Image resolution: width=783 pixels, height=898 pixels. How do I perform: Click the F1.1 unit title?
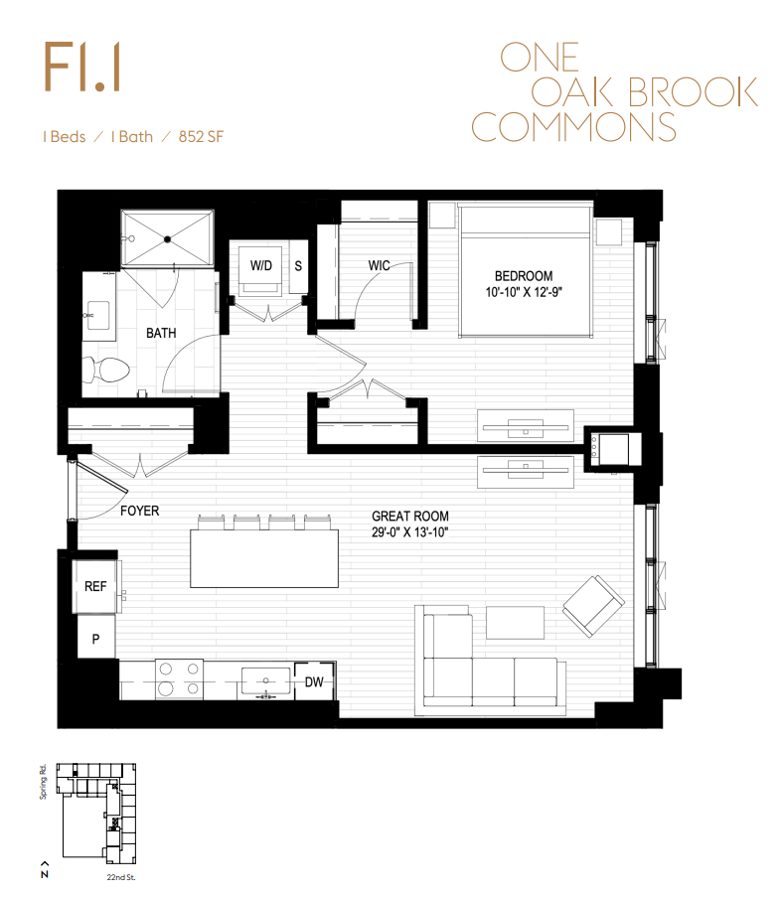click(82, 67)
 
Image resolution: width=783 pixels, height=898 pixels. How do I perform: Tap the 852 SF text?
click(201, 137)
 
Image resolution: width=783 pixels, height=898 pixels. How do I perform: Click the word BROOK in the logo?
click(693, 91)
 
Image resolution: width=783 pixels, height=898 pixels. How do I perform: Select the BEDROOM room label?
click(524, 276)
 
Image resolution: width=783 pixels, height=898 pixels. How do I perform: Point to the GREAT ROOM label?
click(410, 516)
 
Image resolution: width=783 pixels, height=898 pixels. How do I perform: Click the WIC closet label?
click(380, 266)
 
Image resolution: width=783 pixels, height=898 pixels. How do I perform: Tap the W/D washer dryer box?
click(260, 269)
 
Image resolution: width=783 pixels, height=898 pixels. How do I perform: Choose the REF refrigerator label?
click(95, 586)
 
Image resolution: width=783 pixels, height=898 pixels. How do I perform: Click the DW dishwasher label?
click(314, 682)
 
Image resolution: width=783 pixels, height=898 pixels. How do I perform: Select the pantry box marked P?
click(96, 637)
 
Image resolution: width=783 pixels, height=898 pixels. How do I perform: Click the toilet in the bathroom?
click(106, 370)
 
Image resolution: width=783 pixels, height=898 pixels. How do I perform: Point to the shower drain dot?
click(167, 239)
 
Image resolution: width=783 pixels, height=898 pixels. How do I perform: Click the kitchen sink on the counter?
click(265, 682)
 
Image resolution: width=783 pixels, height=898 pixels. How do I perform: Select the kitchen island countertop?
click(264, 558)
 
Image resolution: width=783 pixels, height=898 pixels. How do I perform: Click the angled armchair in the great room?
click(593, 606)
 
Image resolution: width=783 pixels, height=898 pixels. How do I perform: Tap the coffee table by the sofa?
click(515, 623)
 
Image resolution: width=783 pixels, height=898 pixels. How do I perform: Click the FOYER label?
click(140, 511)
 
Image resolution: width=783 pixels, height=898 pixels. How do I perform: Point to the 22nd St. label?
click(121, 877)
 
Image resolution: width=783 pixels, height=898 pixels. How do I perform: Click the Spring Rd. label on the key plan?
click(43, 781)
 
